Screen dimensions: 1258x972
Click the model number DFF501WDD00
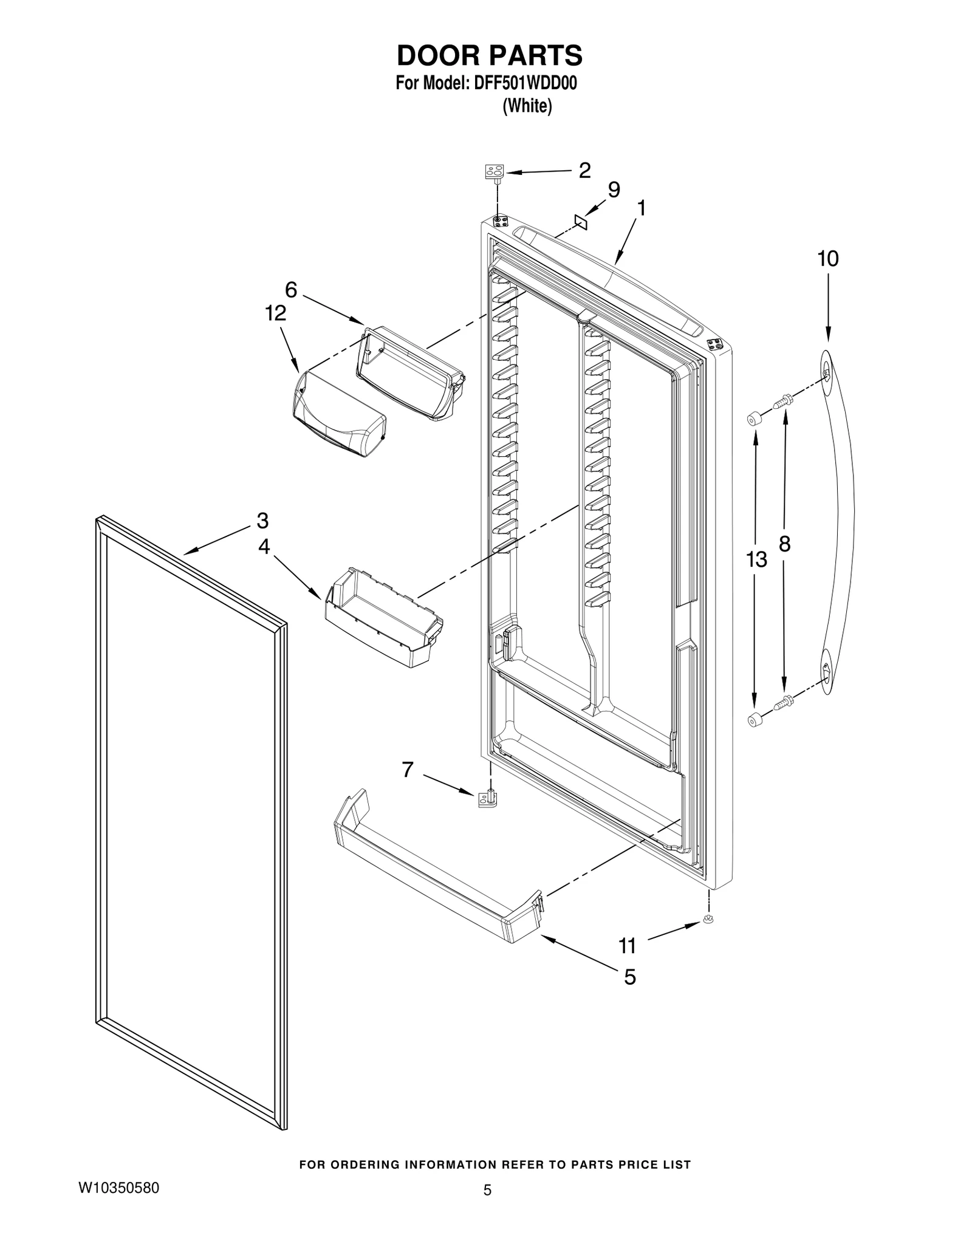(x=520, y=83)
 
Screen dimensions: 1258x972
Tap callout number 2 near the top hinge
(x=584, y=170)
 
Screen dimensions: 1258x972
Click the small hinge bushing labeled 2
(x=495, y=173)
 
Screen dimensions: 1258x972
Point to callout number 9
(x=614, y=190)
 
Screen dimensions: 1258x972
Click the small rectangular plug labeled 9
(x=581, y=222)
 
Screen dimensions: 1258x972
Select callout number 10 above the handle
(x=828, y=259)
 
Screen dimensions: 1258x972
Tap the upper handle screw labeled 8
(x=782, y=401)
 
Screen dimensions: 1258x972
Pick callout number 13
(x=756, y=559)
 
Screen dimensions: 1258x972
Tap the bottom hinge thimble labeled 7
(x=488, y=798)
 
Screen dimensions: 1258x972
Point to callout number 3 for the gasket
(x=262, y=521)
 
